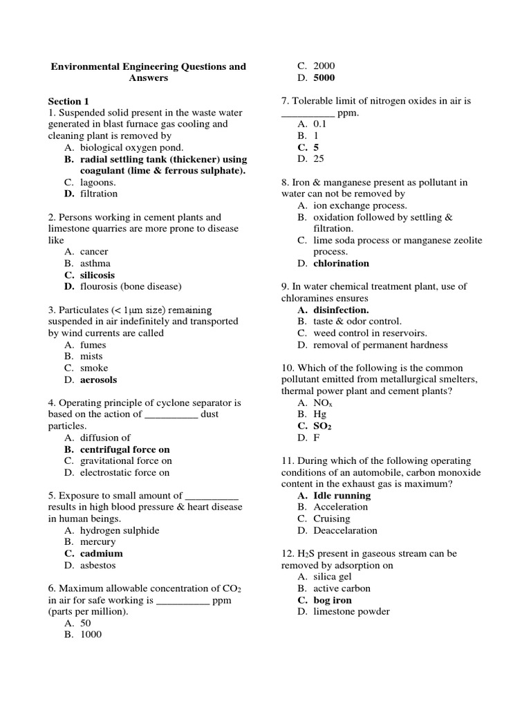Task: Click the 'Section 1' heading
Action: click(x=68, y=101)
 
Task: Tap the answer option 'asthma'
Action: click(x=95, y=263)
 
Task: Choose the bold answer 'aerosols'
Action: click(x=98, y=380)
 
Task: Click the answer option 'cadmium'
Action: click(x=101, y=554)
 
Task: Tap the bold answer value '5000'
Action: click(x=324, y=77)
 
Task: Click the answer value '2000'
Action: click(x=324, y=66)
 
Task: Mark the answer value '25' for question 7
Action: click(x=318, y=158)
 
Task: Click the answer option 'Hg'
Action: click(x=319, y=414)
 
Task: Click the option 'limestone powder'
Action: click(x=351, y=611)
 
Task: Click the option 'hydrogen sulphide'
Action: click(x=119, y=530)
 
